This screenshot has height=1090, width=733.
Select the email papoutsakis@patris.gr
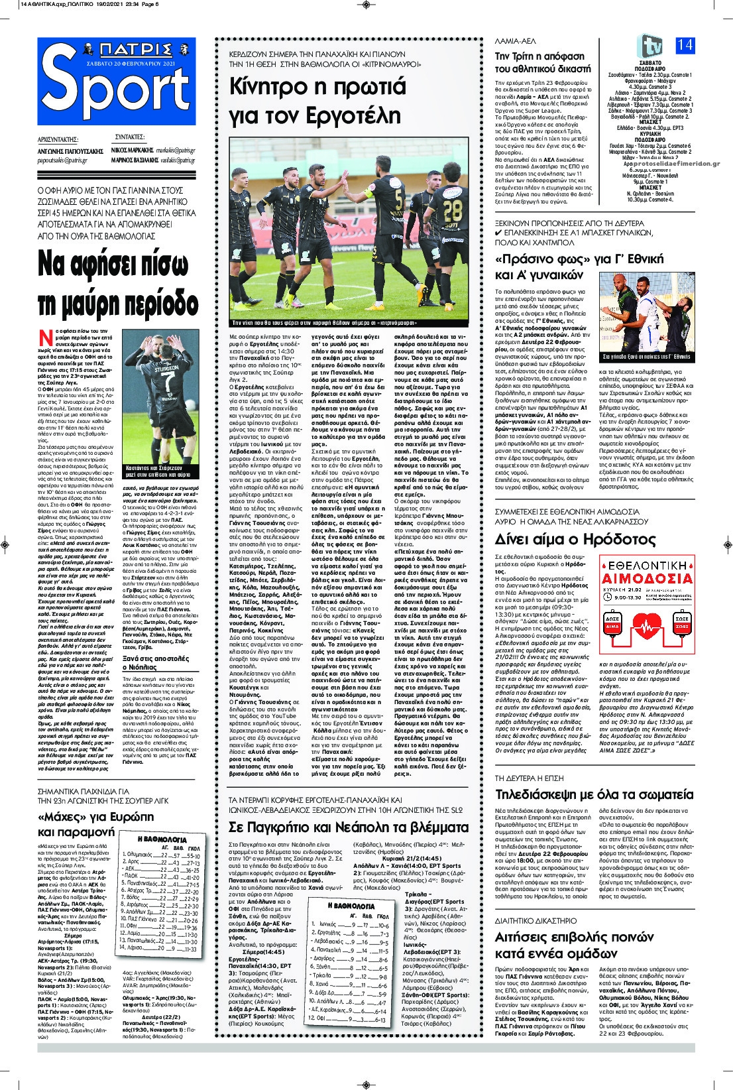click(x=63, y=160)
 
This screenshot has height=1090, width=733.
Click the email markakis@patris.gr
click(x=176, y=151)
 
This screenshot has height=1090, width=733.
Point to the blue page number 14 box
click(x=685, y=45)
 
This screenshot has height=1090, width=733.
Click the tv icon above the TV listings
click(x=650, y=45)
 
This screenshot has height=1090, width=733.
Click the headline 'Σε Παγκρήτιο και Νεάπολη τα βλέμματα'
click(x=348, y=827)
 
